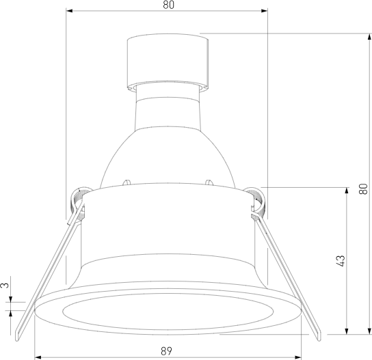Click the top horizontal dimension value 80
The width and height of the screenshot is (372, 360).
168,5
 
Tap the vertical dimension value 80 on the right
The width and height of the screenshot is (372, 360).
363,184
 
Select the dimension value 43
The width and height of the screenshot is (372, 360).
341,260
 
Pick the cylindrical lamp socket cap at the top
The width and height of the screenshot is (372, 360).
167,61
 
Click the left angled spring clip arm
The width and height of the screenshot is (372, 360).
48,273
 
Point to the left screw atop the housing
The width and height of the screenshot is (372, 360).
127,182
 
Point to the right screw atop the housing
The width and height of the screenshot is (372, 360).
207,182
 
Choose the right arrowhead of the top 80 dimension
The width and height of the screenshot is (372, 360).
263,12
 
